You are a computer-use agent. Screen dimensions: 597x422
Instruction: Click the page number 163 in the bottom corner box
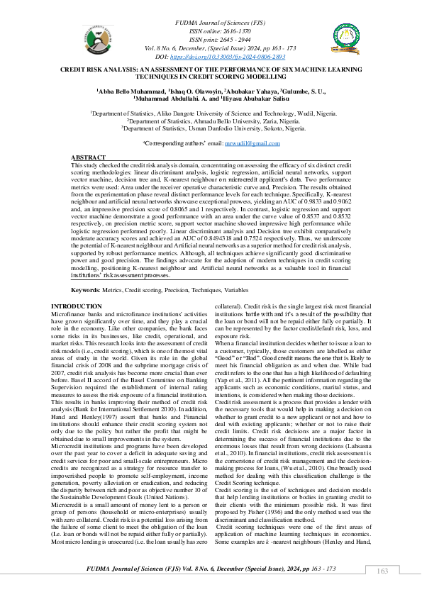[382, 571]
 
